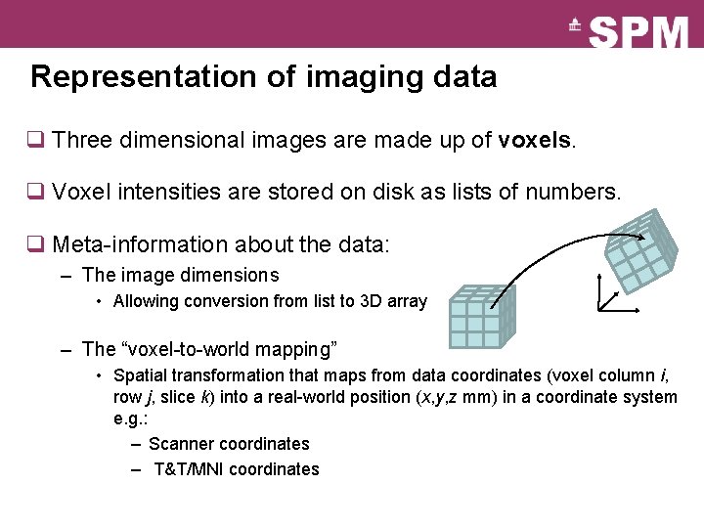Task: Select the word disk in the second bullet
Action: coord(394,192)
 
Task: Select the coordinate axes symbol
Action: coord(614,294)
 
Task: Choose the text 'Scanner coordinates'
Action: coord(229,444)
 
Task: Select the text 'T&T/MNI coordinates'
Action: coord(237,469)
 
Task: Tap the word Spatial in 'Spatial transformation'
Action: coord(140,375)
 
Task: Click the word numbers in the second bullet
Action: coord(572,192)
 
